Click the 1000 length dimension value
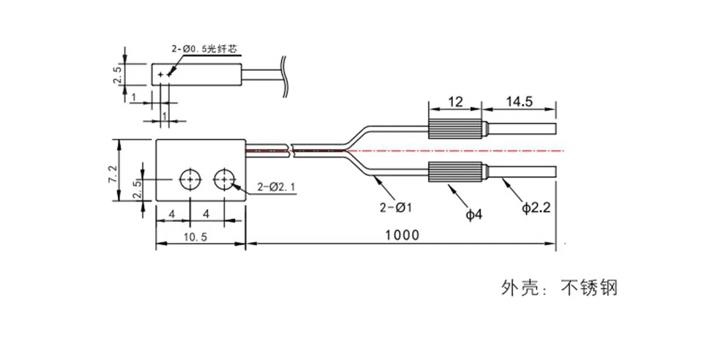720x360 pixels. click(402, 235)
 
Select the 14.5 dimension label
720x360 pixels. click(520, 101)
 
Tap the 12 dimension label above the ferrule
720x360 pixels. click(455, 102)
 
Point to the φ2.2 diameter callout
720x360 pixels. click(536, 208)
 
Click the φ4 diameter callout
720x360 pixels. click(474, 214)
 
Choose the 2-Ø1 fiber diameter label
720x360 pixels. click(395, 208)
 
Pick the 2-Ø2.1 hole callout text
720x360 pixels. click(276, 187)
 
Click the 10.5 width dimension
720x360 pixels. click(196, 237)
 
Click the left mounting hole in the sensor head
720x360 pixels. click(190, 179)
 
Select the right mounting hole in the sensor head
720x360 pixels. click(224, 179)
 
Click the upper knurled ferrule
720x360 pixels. click(455, 128)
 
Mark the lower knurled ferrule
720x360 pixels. click(455, 172)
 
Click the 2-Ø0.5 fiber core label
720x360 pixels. click(205, 49)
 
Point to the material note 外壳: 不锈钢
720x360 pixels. click(559, 287)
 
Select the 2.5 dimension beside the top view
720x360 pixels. click(118, 74)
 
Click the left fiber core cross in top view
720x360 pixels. click(160, 75)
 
